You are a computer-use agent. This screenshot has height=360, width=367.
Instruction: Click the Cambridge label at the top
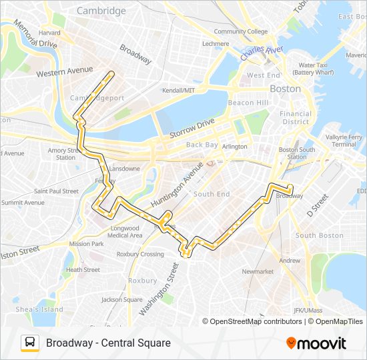click(101, 11)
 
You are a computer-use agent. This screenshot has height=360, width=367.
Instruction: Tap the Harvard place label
click(49, 32)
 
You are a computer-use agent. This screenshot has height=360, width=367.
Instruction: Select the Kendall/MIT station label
click(179, 90)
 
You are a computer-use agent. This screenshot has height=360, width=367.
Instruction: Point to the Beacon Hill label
click(248, 103)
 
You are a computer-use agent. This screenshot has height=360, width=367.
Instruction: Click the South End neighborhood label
click(212, 194)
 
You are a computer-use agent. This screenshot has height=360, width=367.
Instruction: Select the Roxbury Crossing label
click(140, 254)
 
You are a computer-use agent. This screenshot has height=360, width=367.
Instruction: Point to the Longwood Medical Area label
click(125, 231)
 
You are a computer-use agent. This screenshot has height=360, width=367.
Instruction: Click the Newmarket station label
click(258, 271)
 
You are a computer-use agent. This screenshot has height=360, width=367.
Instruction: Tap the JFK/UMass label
click(308, 310)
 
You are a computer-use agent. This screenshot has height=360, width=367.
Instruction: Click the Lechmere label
click(215, 44)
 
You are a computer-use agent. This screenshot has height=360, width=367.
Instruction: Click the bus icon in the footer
click(30, 343)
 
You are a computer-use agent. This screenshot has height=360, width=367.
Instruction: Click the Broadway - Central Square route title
click(108, 343)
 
